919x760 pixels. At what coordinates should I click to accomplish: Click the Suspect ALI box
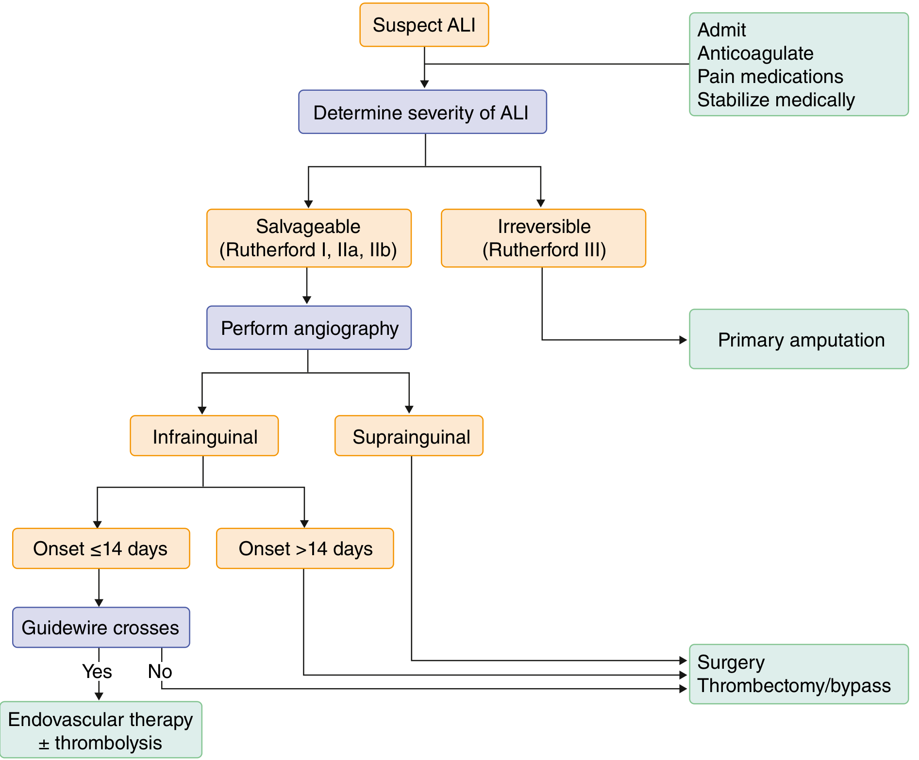click(424, 25)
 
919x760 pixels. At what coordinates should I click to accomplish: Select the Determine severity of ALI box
click(422, 112)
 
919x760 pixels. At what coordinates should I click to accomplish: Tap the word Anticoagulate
click(755, 53)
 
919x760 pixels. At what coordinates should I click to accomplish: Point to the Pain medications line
click(770, 76)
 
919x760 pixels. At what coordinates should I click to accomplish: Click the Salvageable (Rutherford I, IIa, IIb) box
click(309, 238)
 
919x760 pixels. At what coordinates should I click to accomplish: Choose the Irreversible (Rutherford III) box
click(543, 238)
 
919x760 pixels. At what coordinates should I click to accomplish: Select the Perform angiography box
click(309, 328)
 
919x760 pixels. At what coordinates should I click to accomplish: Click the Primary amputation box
click(799, 339)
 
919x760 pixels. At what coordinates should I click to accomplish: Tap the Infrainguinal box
click(204, 436)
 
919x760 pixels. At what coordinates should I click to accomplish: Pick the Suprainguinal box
click(409, 436)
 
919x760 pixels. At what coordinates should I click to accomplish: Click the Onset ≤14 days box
click(101, 548)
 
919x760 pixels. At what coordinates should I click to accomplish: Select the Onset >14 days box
click(305, 548)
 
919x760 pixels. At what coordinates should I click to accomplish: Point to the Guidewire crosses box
click(101, 627)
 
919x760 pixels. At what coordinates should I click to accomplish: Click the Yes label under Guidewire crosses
click(97, 672)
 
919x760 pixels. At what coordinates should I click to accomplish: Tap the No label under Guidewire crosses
click(160, 672)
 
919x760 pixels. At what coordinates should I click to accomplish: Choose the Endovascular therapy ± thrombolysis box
click(100, 729)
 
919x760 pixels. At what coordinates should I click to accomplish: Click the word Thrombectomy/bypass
click(794, 686)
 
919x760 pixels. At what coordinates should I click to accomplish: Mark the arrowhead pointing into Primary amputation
click(683, 340)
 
